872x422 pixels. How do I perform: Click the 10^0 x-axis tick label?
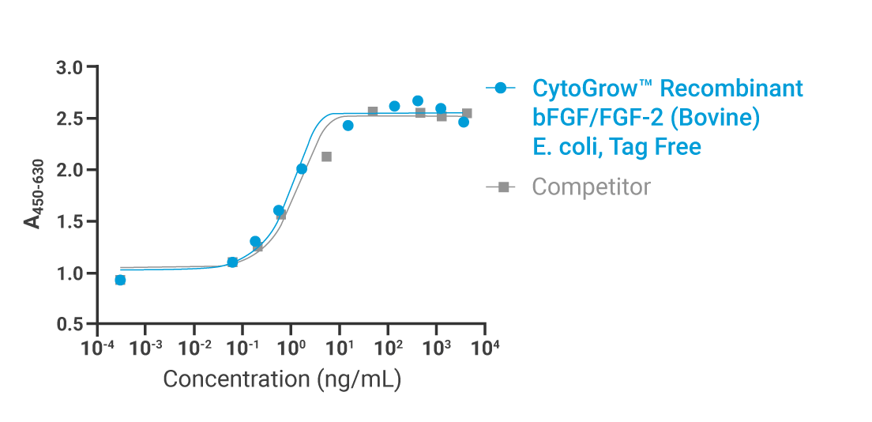(291, 346)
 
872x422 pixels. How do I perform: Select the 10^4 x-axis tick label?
(484, 346)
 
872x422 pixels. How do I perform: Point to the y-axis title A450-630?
(33, 194)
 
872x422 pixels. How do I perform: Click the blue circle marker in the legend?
(500, 88)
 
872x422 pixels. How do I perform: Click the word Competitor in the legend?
(591, 187)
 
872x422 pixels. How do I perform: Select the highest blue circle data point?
(418, 101)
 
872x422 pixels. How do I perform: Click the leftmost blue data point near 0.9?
(120, 280)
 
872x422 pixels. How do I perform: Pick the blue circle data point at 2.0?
(302, 168)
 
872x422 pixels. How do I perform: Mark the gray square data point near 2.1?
(326, 156)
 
